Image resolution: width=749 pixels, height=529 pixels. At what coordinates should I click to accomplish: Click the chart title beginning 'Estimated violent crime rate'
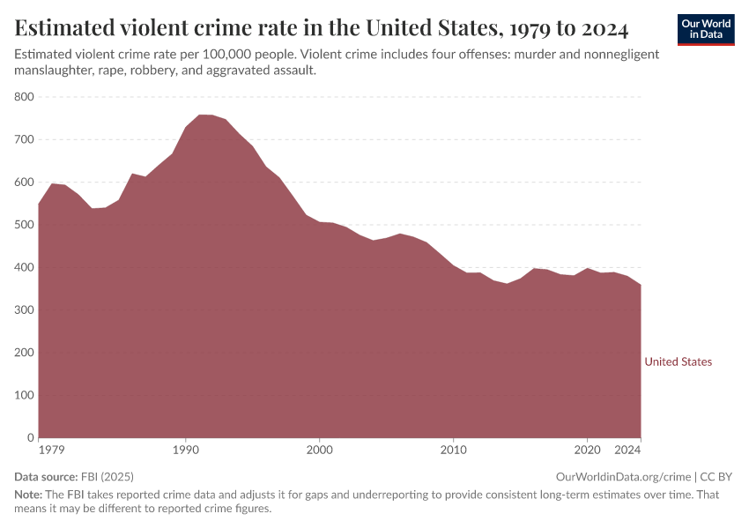(x=322, y=28)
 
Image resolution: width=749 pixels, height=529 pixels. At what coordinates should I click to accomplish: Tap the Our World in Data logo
(x=705, y=29)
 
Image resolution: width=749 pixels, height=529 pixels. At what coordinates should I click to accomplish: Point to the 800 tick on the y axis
(x=24, y=97)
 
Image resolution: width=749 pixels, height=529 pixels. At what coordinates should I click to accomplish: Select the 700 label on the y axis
(x=24, y=139)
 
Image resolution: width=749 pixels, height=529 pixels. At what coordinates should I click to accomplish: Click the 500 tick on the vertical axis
(x=24, y=225)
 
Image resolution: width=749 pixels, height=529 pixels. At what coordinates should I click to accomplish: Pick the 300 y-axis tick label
(x=24, y=310)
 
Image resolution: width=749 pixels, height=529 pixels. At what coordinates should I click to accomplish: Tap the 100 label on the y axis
(x=24, y=395)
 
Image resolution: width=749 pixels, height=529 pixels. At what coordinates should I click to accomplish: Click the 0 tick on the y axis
(x=31, y=438)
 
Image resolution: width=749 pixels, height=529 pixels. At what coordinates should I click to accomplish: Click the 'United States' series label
(x=678, y=361)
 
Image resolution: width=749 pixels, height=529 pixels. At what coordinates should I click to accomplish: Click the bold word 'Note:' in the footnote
(x=30, y=495)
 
